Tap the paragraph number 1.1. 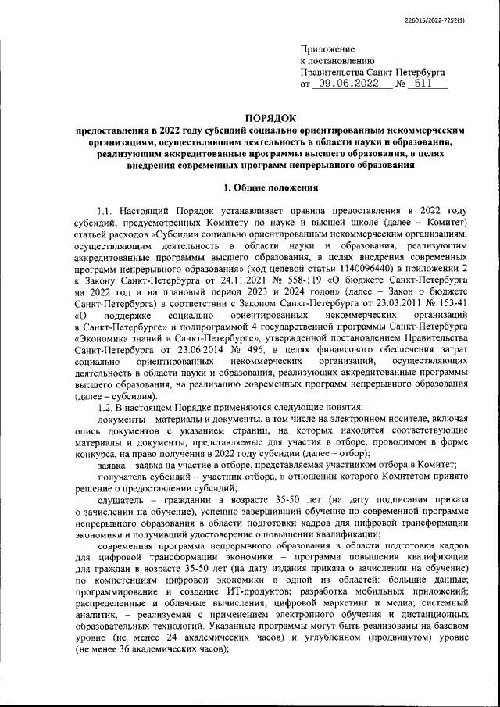[x=102, y=212]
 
